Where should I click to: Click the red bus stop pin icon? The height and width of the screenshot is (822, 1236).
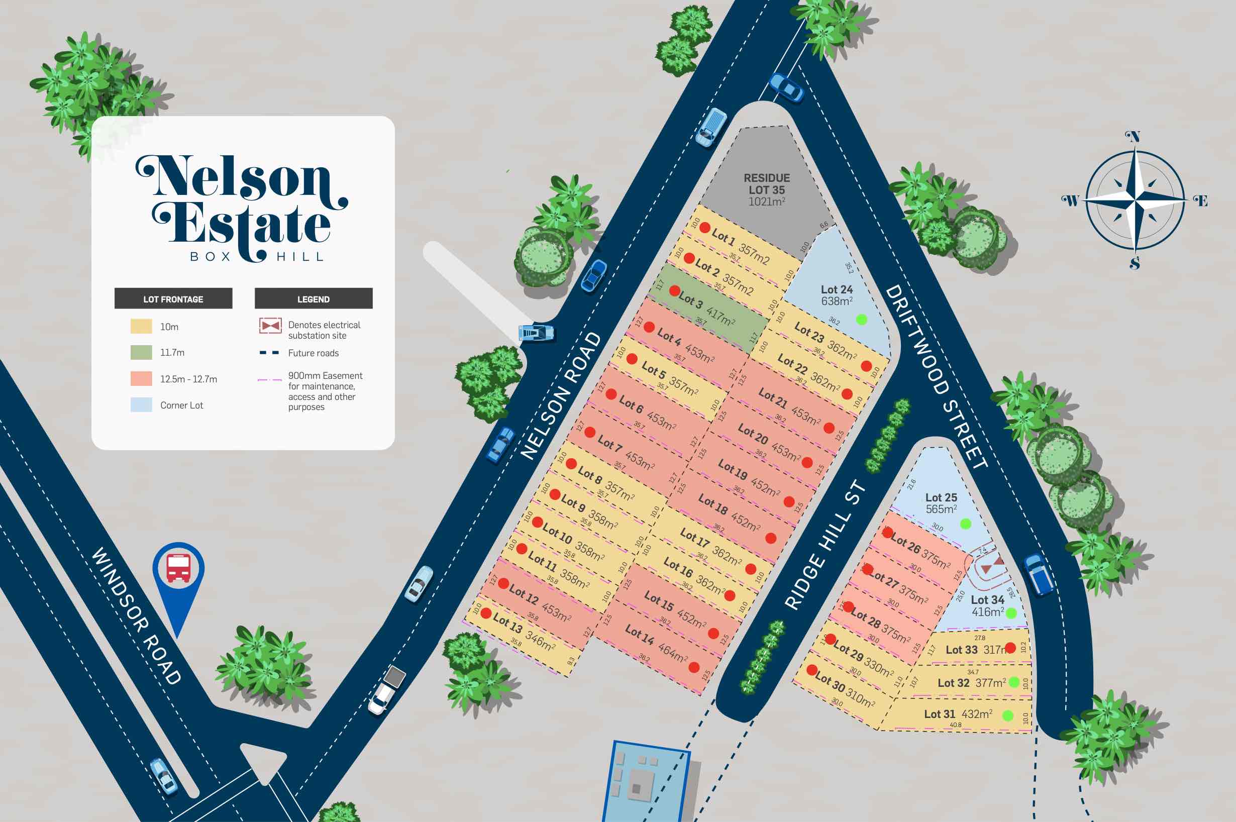178,568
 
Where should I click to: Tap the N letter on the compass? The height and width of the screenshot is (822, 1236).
1134,137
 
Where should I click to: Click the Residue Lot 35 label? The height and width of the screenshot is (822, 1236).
766,190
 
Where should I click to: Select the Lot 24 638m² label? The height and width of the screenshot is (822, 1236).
837,295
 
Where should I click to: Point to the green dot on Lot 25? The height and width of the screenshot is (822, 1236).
965,524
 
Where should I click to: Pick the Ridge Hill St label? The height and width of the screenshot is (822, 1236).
825,545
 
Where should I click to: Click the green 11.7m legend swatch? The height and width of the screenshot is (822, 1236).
141,352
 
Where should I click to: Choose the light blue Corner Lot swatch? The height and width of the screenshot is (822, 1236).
141,404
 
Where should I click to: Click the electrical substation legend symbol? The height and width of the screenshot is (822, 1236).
270,326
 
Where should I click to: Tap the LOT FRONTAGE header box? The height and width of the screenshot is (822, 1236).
173,299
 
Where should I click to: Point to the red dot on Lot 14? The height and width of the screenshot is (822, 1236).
693,667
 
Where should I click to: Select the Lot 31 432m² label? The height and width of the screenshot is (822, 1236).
958,714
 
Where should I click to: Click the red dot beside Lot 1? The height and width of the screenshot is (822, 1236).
704,228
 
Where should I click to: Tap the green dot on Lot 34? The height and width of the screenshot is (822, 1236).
1011,613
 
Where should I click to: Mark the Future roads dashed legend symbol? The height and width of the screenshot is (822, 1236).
269,353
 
